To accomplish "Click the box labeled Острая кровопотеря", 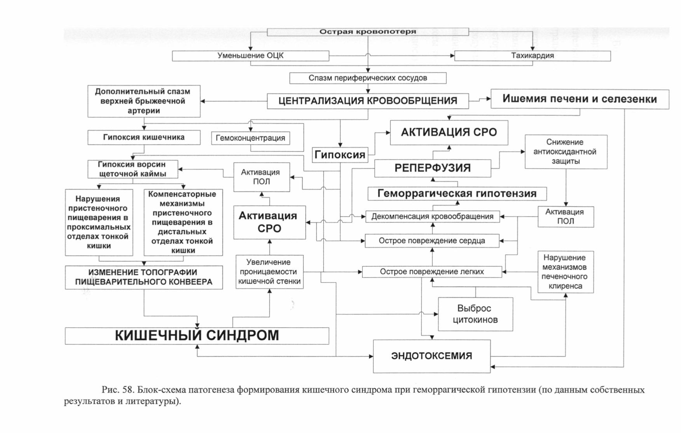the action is point(368,32).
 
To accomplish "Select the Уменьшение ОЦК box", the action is point(251,56).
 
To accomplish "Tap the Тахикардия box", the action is point(533,56).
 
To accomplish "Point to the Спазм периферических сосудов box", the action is point(368,78).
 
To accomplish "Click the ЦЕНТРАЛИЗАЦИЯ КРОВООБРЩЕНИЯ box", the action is point(368,101).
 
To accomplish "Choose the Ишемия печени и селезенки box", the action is point(580,99).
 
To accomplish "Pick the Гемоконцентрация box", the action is point(251,138).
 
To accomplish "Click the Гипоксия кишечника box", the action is point(144,137).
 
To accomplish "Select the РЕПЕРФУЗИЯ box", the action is point(433,168).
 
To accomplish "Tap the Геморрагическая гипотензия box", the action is point(457,193).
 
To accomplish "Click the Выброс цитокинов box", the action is point(475,314).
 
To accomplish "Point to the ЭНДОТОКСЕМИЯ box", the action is point(432,356).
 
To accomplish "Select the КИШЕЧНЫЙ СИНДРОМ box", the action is point(197,336).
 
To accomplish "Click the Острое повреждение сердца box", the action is point(432,241).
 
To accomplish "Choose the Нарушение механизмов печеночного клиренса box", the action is point(566,272).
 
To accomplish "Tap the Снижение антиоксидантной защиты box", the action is point(566,152).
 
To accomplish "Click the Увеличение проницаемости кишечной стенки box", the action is point(270,272).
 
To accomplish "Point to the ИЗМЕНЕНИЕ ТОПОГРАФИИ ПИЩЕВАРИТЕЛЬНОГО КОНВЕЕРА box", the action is point(144,277).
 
